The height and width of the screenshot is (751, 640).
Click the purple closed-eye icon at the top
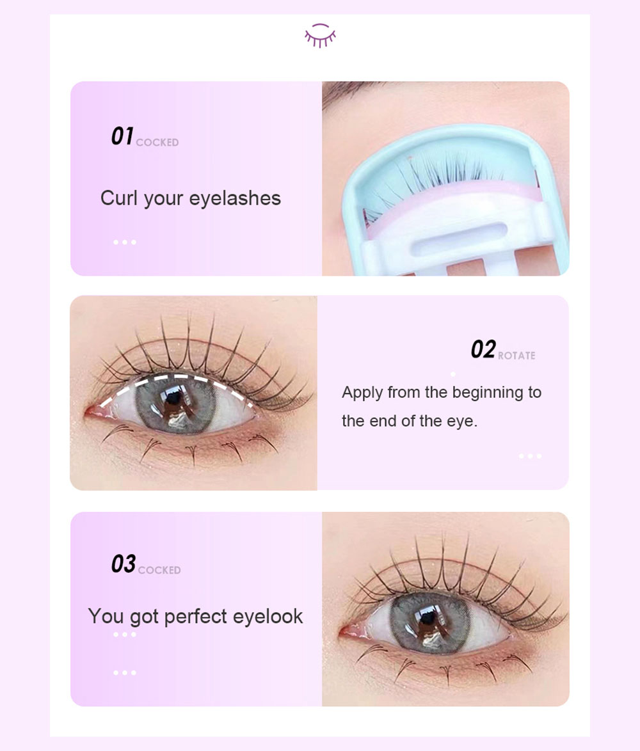[x=320, y=35]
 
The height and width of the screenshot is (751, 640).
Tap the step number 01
[x=122, y=136]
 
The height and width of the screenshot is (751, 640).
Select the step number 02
[x=483, y=349]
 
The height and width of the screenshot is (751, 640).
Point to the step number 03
[x=124, y=564]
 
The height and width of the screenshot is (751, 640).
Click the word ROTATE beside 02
[x=516, y=356]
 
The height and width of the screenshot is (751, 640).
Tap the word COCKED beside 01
[x=157, y=142]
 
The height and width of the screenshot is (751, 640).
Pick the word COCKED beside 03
[x=159, y=570]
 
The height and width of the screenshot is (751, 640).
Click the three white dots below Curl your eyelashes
[x=125, y=242]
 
